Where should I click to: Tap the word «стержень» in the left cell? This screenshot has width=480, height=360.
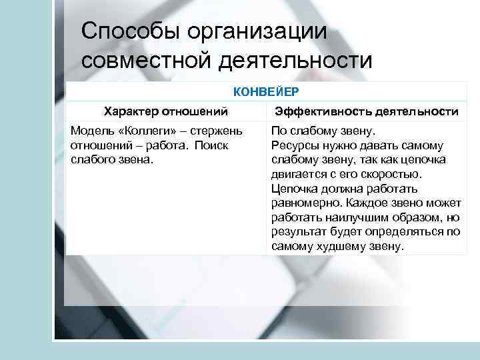click(x=219, y=131)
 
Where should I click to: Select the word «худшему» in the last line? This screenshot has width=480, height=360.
click(x=345, y=246)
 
